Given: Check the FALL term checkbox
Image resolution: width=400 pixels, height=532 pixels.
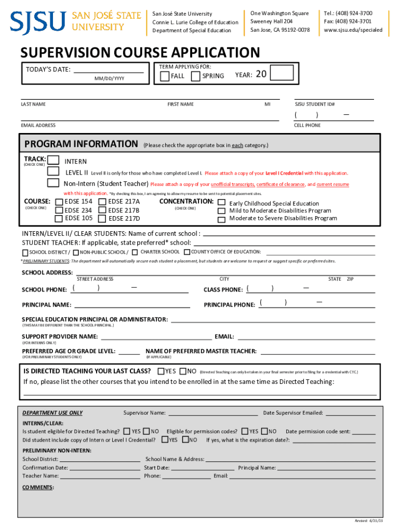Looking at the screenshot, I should (165, 76).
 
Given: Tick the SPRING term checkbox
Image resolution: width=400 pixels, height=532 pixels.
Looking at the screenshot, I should (196, 76).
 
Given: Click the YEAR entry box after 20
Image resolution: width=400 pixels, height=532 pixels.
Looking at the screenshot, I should (283, 74).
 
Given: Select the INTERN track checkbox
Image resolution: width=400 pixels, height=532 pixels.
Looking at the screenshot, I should (54, 161).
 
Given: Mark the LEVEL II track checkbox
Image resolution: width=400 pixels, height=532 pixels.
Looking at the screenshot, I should (54, 171).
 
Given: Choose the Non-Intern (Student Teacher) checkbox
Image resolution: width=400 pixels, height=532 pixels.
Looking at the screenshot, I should (54, 183).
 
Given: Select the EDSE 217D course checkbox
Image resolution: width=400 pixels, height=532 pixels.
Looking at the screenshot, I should (102, 219).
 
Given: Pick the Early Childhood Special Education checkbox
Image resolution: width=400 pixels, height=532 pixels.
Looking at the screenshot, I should (222, 203).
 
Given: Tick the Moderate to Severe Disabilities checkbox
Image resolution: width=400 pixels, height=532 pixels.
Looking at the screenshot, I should (222, 219).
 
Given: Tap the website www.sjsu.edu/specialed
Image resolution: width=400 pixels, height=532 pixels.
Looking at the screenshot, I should (353, 30).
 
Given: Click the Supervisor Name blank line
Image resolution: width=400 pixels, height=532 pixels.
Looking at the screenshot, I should (213, 414).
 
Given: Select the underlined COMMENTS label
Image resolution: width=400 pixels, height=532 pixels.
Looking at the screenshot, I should (38, 487).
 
